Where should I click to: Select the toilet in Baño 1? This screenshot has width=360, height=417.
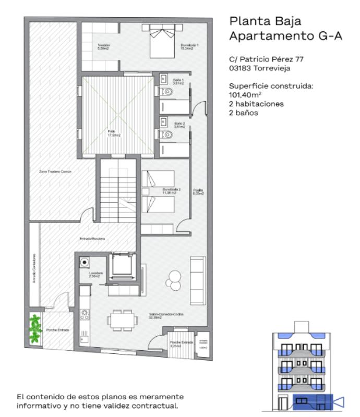pos(166,93)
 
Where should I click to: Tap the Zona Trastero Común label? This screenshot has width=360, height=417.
pos(55,171)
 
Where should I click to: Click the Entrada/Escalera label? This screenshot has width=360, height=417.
pos(92,239)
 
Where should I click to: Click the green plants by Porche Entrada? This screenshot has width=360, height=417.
pos(35,329)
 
